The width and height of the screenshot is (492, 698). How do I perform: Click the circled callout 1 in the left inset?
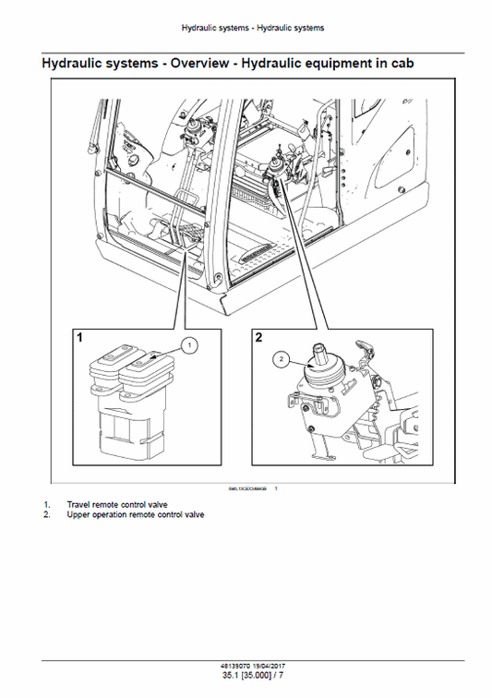[188, 346]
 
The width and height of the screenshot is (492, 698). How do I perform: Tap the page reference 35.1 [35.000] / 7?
[246, 676]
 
